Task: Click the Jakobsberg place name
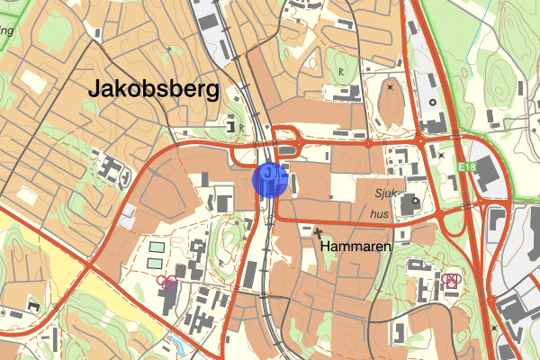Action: [x=154, y=89]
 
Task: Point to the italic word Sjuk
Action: [x=385, y=193]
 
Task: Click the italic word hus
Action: [x=381, y=215]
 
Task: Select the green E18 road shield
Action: [x=464, y=167]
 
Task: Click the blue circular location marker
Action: [x=270, y=178]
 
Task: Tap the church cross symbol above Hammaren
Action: [x=318, y=232]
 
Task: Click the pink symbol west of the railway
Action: [x=166, y=283]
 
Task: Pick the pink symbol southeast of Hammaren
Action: [x=451, y=280]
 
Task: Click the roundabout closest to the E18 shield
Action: [x=419, y=142]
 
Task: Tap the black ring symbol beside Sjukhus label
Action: [x=416, y=202]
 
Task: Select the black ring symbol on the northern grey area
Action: [x=431, y=102]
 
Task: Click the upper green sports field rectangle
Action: [x=157, y=247]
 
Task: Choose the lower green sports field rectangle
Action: [x=155, y=263]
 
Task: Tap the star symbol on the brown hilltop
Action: [x=390, y=87]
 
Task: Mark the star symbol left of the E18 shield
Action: [x=441, y=156]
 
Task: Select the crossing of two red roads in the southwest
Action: [x=89, y=267]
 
